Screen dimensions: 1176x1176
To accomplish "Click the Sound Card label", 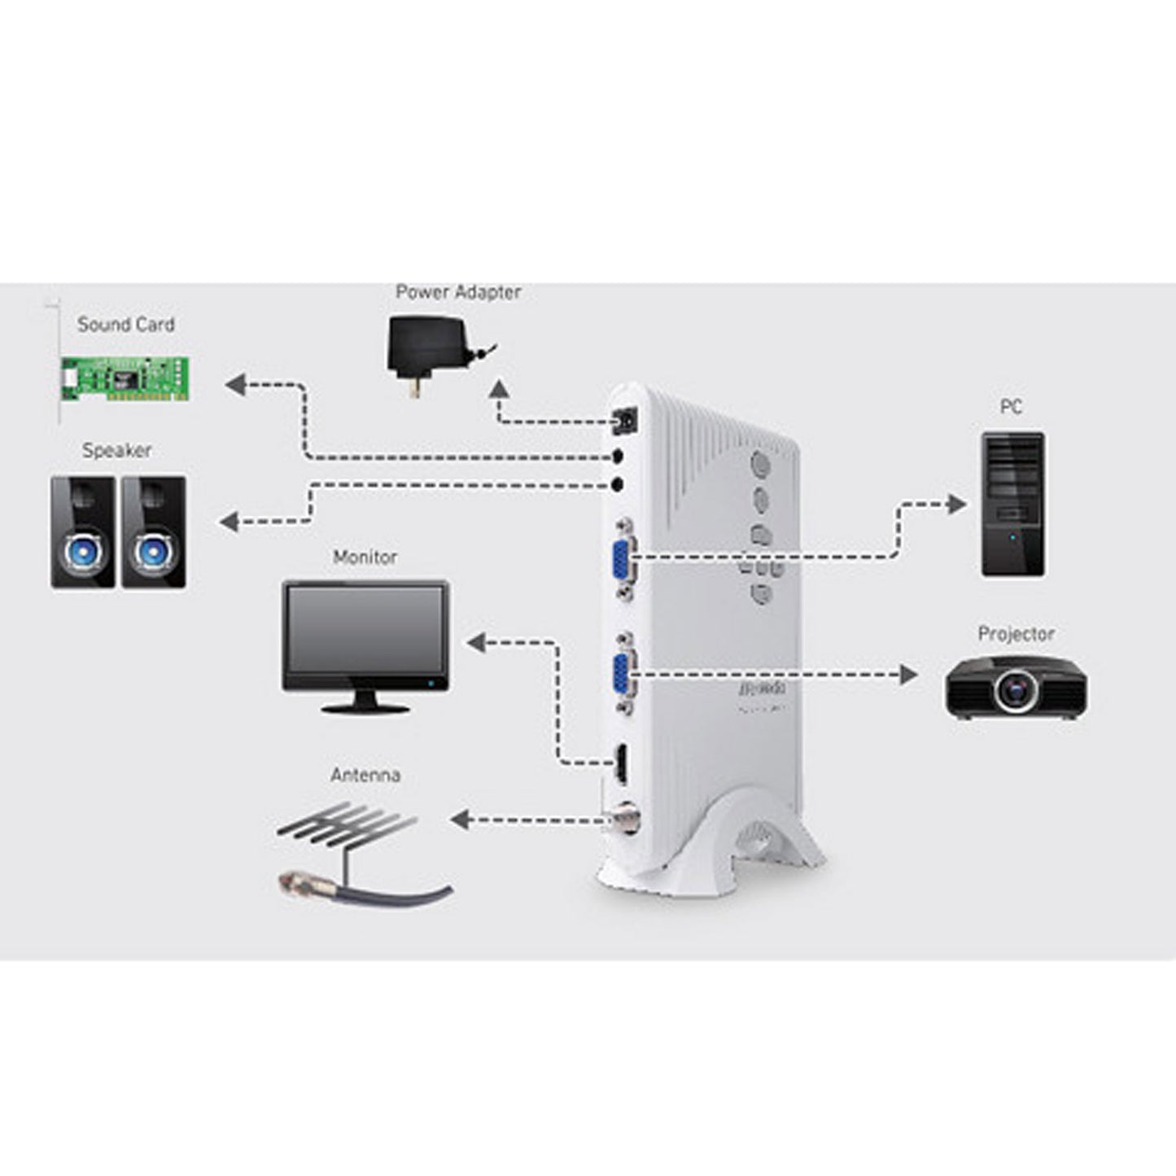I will (x=126, y=325).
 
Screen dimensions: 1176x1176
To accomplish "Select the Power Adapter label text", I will (x=458, y=292).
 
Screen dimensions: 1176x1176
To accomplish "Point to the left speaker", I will (x=83, y=532).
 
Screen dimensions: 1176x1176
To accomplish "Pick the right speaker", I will (x=154, y=532).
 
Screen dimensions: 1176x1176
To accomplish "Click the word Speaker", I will (x=116, y=451).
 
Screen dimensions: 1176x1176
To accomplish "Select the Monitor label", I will (x=365, y=557).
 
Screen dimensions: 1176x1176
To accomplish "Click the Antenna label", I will (x=365, y=776).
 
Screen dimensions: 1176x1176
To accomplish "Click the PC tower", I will (x=1012, y=505).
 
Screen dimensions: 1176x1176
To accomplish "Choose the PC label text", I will (x=1011, y=407).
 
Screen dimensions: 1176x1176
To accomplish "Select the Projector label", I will (x=1016, y=634).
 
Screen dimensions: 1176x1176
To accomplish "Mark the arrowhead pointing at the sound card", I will (x=235, y=384).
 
